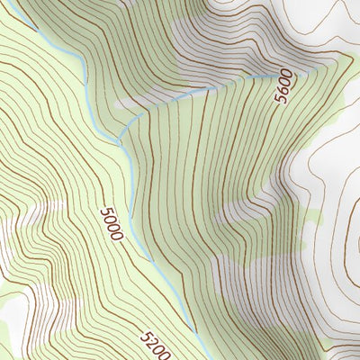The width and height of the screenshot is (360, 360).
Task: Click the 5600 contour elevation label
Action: point(284,86)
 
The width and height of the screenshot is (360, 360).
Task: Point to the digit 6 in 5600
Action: point(283,89)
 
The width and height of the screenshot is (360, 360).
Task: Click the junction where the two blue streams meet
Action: point(121,141)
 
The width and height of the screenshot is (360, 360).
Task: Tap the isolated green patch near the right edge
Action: point(310,216)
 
